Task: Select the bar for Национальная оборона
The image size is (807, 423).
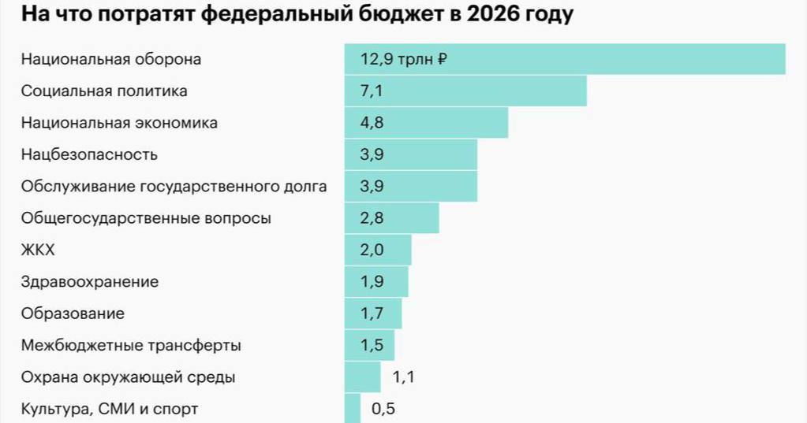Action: point(564,59)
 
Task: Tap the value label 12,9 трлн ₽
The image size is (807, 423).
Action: point(404,59)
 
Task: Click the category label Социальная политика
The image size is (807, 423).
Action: point(104,91)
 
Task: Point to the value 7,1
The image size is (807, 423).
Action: point(372,91)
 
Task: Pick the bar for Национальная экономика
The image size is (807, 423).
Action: point(426,123)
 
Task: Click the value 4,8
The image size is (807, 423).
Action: point(372,123)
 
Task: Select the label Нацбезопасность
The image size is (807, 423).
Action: point(89,155)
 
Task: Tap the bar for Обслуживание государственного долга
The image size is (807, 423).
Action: point(410,187)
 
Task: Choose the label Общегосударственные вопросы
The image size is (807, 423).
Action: point(146,218)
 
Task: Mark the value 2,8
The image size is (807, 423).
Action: point(372,218)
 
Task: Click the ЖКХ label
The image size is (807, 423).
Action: point(38,250)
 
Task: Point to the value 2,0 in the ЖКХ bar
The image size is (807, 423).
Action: point(372,250)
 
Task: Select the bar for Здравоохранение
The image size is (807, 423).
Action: point(376,282)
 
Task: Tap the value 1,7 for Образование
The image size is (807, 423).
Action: point(372,314)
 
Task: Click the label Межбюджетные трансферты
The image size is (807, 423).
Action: point(131,345)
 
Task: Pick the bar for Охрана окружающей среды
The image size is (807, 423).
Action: point(362,377)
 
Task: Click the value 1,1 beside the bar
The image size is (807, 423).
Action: point(403,377)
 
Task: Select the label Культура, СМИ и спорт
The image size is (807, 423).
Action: point(110,409)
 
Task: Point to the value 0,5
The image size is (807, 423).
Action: point(383,409)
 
